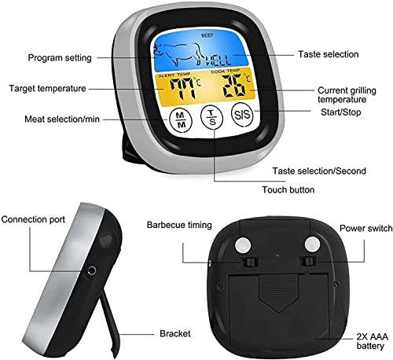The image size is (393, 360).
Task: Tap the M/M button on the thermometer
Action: (181, 119)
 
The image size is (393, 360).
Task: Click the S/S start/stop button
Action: (242, 115)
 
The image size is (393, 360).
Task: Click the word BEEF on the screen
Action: (208, 35)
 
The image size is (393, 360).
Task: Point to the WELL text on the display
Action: (219, 61)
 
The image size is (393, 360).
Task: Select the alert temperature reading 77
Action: (182, 89)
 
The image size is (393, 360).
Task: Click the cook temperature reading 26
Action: (233, 86)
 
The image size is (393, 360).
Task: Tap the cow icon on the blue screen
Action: (177, 54)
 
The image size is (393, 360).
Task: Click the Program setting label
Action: (60, 57)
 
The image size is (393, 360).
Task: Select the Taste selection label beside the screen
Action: (329, 54)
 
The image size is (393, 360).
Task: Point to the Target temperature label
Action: (47, 88)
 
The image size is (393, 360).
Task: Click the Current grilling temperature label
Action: (347, 95)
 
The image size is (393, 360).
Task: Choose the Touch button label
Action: (288, 189)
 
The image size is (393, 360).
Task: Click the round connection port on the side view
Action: (91, 270)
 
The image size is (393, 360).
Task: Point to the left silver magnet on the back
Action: (243, 245)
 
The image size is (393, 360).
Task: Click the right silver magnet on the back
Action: (312, 244)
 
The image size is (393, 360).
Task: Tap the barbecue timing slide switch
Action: (249, 262)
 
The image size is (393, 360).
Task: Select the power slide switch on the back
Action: (307, 261)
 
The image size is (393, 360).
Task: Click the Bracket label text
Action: (174, 333)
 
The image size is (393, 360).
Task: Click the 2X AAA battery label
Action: (372, 341)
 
